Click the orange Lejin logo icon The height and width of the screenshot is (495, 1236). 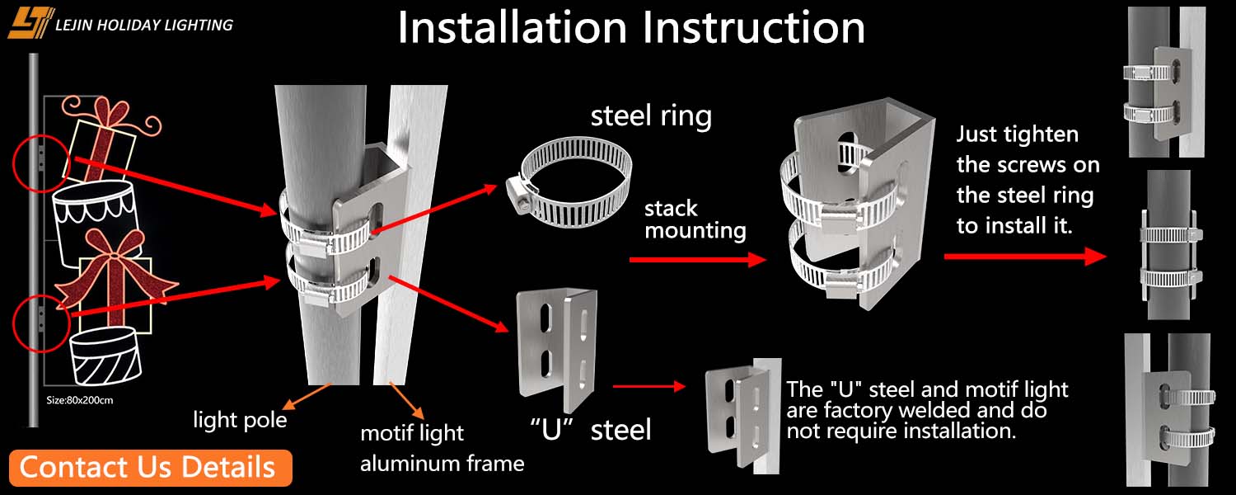pos(30,22)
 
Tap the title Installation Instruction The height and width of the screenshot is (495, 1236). pos(630,28)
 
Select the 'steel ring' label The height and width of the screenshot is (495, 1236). pos(651,115)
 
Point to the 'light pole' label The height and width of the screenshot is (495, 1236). pos(240,420)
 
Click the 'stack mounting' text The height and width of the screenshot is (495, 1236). pos(695,219)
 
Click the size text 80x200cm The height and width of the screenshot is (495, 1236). pos(79,400)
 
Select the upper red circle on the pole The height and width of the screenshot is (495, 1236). pos(39,162)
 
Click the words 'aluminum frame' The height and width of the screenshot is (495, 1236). pos(442,464)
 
